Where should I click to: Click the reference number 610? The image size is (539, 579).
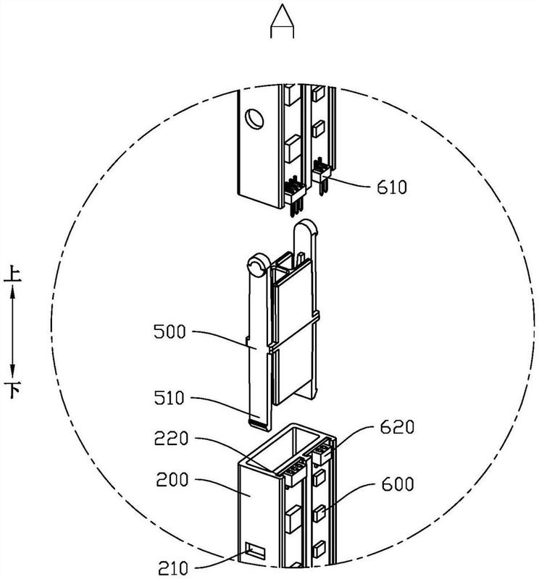pos(392,187)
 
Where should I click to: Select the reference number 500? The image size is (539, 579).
pos(170,331)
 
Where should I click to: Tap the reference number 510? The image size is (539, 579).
pos(169,398)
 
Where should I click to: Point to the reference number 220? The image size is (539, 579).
pos(171,439)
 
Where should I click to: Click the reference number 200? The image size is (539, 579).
pos(172,480)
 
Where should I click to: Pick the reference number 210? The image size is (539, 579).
pos(173,567)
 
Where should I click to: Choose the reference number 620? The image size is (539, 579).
pos(398,427)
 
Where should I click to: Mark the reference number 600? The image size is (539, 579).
pos(398,484)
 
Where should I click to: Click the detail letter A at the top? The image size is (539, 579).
pos(282,21)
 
